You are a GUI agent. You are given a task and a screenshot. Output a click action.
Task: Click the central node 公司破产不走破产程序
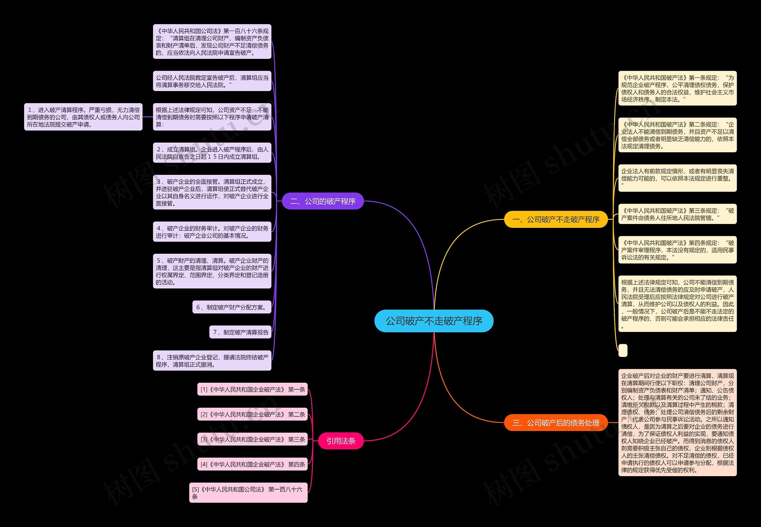(434, 321)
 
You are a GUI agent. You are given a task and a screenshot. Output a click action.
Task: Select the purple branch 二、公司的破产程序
(323, 201)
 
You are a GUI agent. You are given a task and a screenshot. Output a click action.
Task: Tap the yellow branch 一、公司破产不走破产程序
(556, 219)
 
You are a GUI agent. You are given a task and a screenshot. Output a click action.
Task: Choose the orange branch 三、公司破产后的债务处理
(556, 423)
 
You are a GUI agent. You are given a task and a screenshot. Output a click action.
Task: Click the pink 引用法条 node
(341, 441)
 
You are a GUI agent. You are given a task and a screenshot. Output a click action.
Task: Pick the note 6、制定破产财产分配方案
(232, 307)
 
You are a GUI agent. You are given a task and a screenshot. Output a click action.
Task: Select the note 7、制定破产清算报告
(240, 332)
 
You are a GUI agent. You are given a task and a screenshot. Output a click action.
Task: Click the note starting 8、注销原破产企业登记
(212, 360)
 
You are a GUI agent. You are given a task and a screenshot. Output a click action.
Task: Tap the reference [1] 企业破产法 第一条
(252, 389)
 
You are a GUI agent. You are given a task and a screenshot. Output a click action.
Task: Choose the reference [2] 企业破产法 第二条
(252, 414)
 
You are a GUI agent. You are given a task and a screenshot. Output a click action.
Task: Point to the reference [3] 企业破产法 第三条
(252, 439)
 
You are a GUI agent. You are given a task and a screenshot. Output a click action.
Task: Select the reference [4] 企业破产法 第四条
(252, 464)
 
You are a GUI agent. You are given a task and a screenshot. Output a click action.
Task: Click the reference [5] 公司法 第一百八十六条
(248, 493)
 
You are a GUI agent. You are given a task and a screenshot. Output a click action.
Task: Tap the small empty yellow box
(623, 350)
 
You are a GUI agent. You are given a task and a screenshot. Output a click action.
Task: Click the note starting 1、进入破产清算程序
(83, 117)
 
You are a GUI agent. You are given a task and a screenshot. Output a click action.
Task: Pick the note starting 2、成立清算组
(212, 153)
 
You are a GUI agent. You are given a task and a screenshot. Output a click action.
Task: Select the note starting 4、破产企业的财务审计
(212, 232)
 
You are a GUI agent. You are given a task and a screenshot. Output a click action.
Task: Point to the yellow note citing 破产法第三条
(677, 214)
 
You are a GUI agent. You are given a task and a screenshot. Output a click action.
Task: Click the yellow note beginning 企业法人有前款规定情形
(677, 178)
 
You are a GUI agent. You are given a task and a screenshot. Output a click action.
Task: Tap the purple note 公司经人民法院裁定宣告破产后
(212, 81)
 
